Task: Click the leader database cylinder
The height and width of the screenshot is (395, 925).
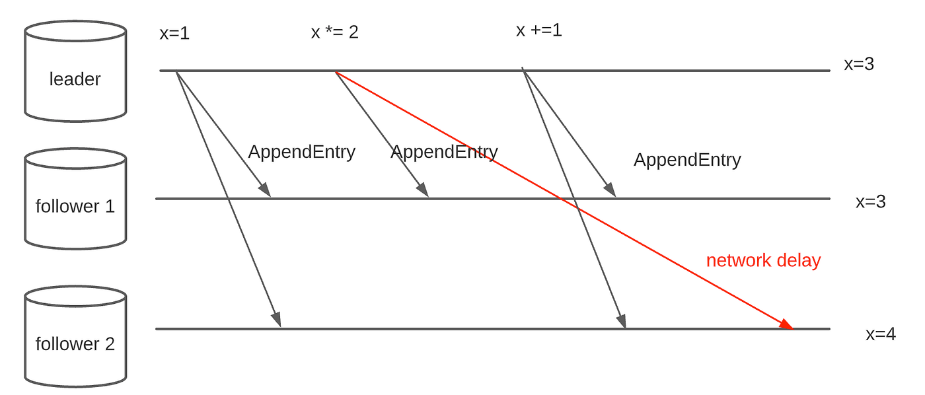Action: [75, 71]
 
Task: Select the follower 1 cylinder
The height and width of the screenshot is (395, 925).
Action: [75, 199]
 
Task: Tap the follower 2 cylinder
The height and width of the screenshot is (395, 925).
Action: [75, 336]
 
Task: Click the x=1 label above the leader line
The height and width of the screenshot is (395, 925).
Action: [174, 33]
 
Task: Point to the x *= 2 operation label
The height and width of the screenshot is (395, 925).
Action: [334, 32]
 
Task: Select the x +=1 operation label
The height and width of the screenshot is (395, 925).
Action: [539, 30]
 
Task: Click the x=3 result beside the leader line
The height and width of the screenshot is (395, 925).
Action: [859, 64]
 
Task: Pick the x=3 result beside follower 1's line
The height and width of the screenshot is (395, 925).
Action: [871, 202]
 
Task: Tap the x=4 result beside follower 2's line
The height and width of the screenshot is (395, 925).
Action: [881, 334]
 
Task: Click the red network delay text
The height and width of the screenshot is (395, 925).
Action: [764, 260]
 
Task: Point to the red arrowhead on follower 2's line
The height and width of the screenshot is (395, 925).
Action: [786, 324]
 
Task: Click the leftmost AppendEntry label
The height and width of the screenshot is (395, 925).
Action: [301, 153]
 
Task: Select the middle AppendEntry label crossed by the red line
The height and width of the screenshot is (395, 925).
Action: [444, 153]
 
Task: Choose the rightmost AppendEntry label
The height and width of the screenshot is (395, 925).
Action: [687, 160]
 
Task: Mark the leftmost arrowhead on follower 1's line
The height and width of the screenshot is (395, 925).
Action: [265, 190]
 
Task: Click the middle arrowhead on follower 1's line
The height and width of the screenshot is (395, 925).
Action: [423, 190]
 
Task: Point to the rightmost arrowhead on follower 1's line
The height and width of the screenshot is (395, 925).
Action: [610, 190]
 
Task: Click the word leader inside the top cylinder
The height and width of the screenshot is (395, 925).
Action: [75, 79]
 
